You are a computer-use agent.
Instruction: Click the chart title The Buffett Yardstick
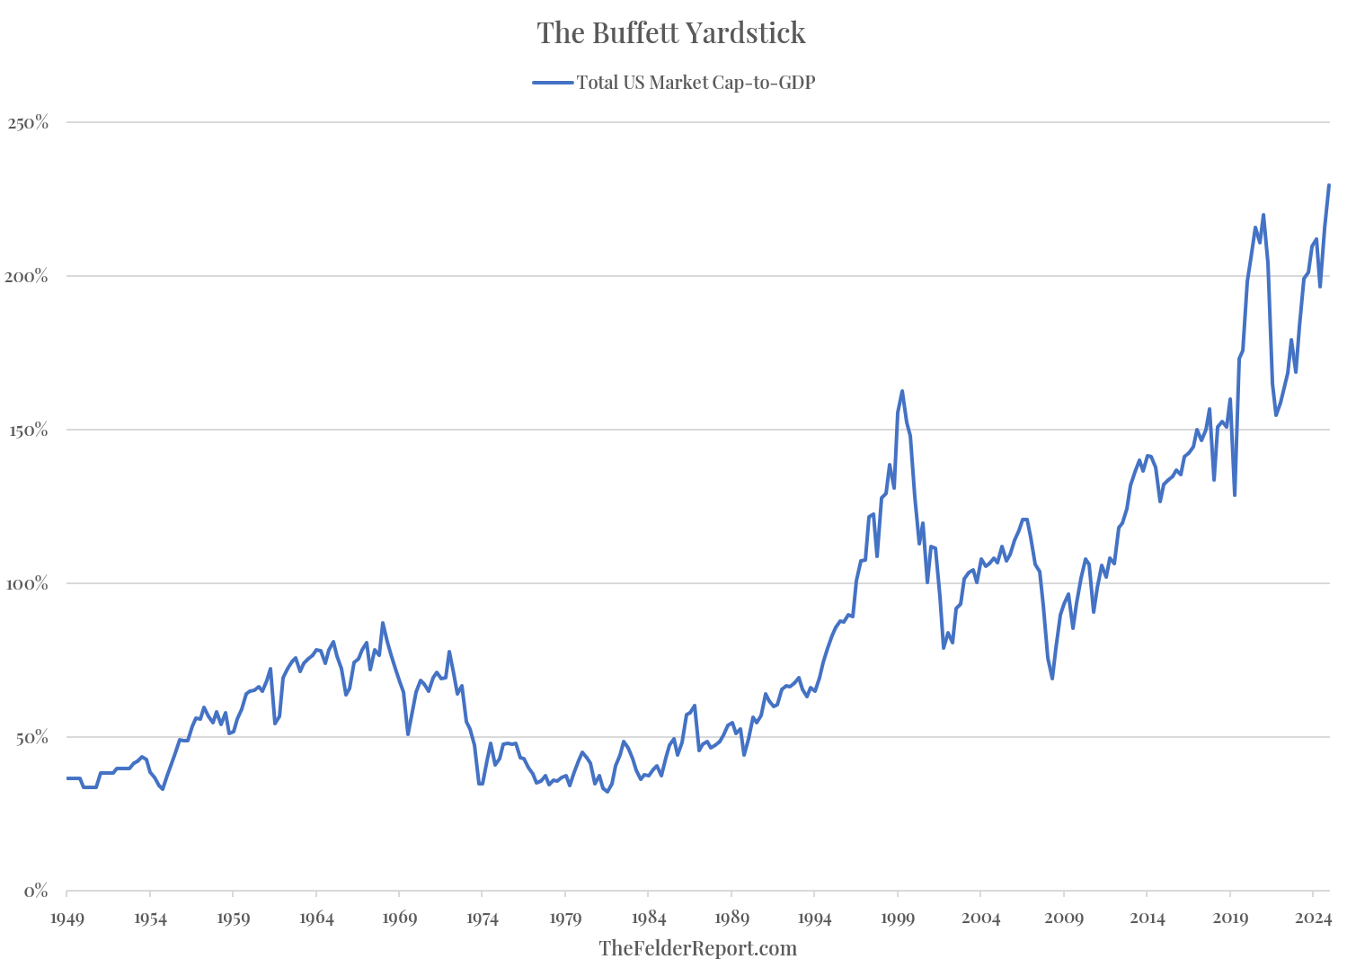click(671, 33)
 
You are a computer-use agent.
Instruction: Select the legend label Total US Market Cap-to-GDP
click(696, 83)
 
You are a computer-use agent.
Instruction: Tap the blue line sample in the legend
click(553, 83)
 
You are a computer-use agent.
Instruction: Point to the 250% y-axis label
click(28, 122)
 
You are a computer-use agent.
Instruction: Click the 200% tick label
click(28, 276)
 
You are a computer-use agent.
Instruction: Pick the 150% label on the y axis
click(28, 430)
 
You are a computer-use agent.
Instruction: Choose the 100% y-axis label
click(28, 583)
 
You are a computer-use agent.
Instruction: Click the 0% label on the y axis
click(36, 891)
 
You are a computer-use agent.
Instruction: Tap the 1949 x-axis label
click(66, 919)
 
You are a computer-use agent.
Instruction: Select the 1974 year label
click(483, 919)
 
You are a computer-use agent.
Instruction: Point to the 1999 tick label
click(898, 919)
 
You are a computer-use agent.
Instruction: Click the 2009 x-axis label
click(1064, 919)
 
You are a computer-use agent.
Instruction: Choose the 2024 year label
click(1313, 919)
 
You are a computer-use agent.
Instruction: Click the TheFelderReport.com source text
click(697, 948)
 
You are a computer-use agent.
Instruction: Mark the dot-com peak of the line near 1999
click(902, 391)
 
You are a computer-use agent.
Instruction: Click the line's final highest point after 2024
click(1329, 185)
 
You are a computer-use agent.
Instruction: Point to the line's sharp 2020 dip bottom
click(1235, 495)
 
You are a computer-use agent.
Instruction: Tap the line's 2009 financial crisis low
click(1052, 678)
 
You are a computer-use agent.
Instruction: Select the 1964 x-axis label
click(316, 919)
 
